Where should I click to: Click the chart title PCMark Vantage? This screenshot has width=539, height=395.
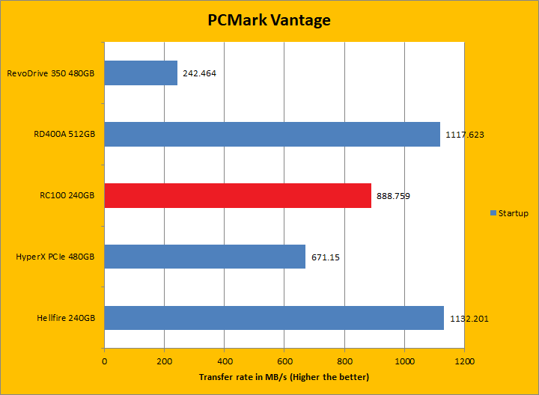coord(269,20)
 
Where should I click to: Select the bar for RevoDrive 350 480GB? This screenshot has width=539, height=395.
coord(141,73)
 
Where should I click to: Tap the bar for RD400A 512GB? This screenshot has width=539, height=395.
coord(272,135)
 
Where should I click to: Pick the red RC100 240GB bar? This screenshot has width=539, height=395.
coord(237,196)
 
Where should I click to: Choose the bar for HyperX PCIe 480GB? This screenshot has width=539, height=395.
coord(204,257)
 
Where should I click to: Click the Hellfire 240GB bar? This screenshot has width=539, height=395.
coord(274,318)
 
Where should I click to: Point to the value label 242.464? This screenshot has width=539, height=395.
coord(201,74)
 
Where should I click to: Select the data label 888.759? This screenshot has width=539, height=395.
coord(393,197)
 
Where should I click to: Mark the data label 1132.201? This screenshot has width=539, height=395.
coord(469,319)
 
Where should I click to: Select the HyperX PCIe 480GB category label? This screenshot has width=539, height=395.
coord(55,257)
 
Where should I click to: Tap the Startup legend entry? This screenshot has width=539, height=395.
coord(509,213)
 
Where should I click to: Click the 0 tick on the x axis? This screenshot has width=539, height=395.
coord(104,361)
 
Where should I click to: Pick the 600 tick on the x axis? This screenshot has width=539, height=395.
coord(284,361)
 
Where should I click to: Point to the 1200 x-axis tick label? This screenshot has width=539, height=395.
coord(463,361)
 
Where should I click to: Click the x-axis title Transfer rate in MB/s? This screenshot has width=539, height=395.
coord(284,376)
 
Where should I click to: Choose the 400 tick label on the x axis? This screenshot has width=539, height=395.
coord(224,361)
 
